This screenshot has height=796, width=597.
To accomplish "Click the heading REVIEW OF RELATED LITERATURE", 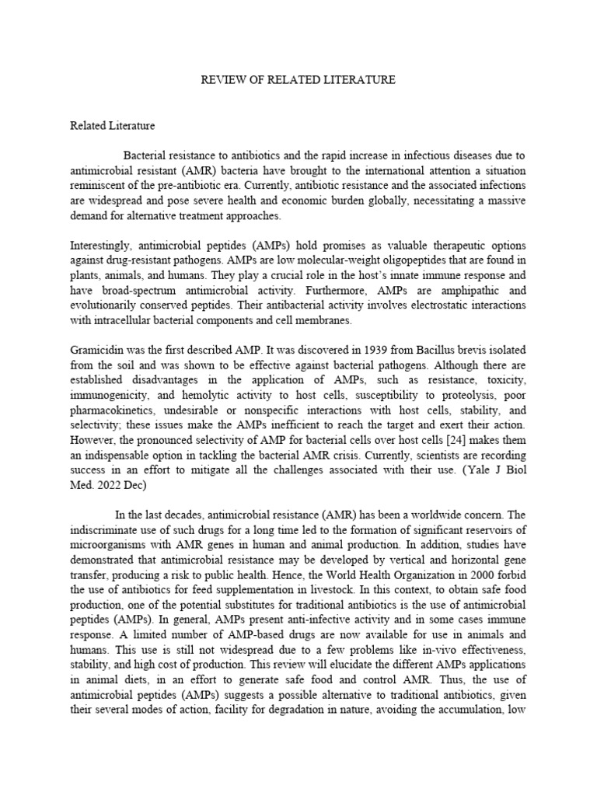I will point(298,79).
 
